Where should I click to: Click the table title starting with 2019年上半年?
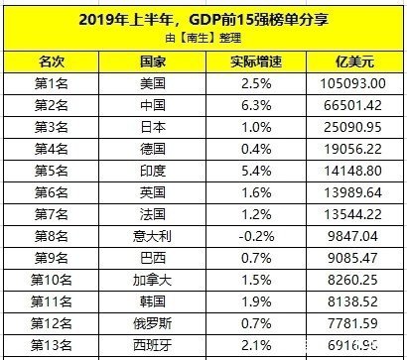203,17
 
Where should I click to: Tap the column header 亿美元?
354,61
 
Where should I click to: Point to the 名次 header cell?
51,61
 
